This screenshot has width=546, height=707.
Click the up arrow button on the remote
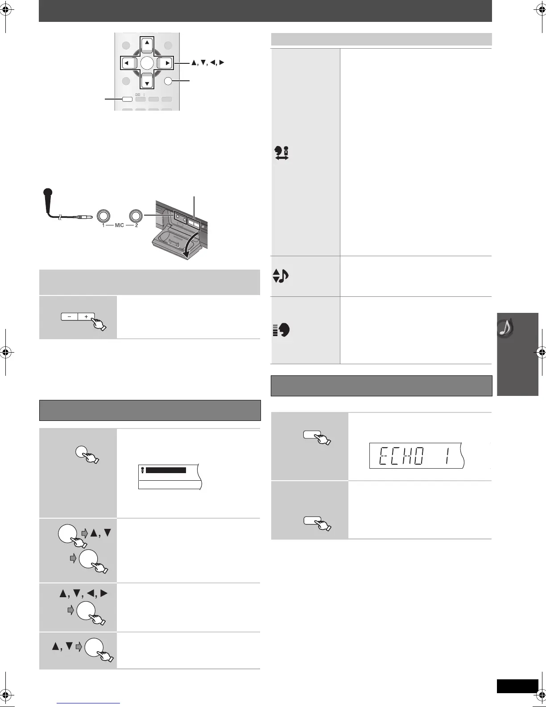147,43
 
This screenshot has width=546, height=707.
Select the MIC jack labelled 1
103,216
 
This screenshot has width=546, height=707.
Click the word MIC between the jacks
120,225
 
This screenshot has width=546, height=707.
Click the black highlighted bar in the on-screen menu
165,470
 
